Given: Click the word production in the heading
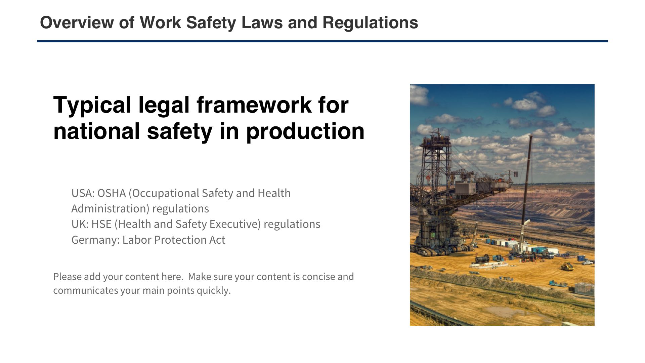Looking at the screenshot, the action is click(x=305, y=131).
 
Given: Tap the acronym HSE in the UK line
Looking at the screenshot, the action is click(x=101, y=224).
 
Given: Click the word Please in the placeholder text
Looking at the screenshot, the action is click(x=67, y=277).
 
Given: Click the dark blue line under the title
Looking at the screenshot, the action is click(x=322, y=41).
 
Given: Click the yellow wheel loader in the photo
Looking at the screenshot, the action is click(x=567, y=266).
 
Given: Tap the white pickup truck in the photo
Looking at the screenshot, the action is click(x=588, y=263).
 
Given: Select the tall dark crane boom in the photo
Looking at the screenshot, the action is click(x=526, y=188).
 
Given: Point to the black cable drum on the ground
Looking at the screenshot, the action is click(x=482, y=259).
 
